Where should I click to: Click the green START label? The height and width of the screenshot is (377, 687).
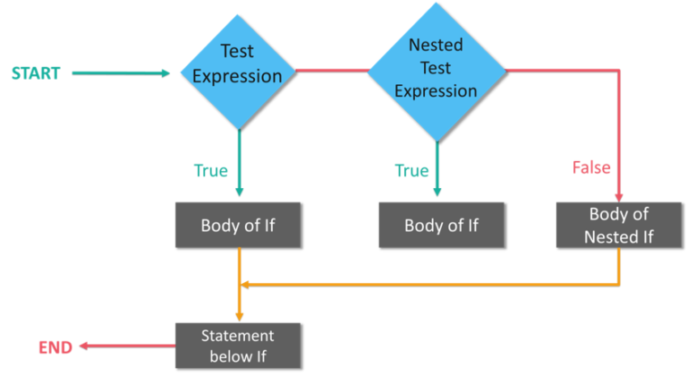pos(36,73)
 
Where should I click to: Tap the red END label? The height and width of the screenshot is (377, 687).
pos(55,347)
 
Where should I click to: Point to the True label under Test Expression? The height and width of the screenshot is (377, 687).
pos(211,170)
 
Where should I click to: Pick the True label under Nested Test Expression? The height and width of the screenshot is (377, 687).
pos(411,170)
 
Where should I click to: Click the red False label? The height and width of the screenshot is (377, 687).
pos(591,167)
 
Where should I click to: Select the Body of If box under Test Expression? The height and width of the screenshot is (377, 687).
pos(238,225)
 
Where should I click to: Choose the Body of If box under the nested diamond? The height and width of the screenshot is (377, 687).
pos(441,225)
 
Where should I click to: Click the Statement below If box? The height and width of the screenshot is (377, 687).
pos(238,345)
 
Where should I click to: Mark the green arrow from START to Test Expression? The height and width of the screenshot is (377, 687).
pos(121,73)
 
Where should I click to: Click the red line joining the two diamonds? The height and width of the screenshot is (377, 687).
pos(331,68)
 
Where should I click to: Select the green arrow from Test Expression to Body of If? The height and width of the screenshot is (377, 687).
pos(239,161)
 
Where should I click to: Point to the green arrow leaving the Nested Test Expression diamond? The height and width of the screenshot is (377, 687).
pos(437,166)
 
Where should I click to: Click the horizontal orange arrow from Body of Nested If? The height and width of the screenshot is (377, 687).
pos(429,284)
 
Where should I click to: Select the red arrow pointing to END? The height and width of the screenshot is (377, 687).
pos(125,346)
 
